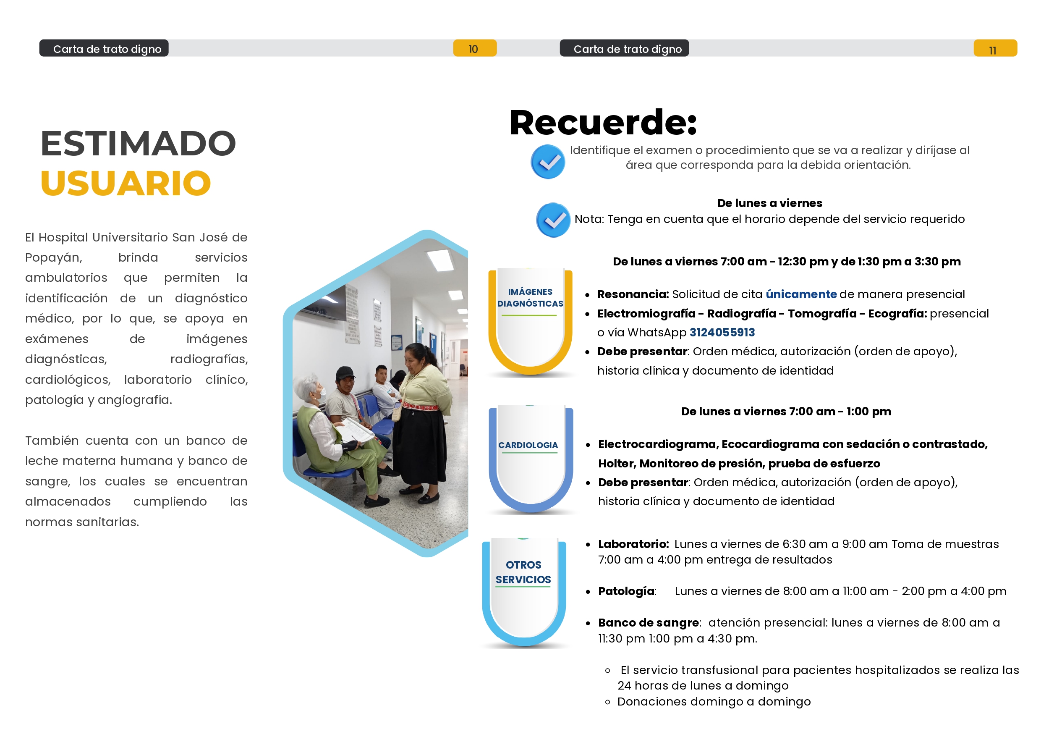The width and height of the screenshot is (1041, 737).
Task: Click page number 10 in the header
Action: coord(473,49)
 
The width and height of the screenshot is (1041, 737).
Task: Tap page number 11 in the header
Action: coord(992,50)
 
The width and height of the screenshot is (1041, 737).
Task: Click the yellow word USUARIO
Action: coord(126,184)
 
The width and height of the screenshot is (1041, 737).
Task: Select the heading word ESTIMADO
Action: coord(139,143)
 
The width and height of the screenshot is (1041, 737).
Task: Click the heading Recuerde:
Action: coord(603,123)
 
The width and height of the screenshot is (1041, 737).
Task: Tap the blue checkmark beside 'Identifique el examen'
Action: coord(548,162)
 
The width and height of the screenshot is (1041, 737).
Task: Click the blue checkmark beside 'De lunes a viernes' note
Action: coord(553,220)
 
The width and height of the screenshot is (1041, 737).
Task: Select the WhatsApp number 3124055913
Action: coord(722,332)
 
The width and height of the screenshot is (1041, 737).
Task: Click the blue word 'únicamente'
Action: coord(801,294)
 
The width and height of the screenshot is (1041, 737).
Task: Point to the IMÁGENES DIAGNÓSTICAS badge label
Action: coord(530,298)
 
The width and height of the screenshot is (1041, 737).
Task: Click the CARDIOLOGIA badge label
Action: coord(528,445)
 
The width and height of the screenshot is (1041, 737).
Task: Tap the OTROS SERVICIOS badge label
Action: coord(523,572)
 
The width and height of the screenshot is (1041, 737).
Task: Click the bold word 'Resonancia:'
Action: coord(633,294)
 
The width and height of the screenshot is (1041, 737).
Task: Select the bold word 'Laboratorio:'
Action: coord(634,544)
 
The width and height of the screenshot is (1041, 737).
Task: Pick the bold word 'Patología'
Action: coord(626,591)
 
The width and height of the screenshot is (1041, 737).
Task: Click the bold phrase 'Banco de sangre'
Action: coord(649,623)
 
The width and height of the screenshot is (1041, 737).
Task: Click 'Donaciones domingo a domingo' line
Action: coord(714,702)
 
